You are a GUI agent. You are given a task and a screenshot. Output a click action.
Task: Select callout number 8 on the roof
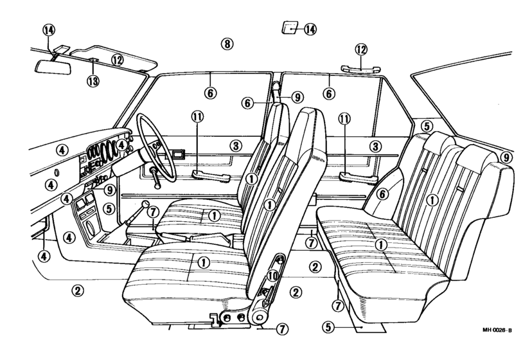click(227, 44)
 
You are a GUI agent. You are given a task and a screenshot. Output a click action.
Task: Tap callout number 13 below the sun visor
click(93, 81)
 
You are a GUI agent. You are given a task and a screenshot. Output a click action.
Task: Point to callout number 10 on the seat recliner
click(273, 276)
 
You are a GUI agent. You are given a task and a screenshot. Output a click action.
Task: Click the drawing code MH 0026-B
click(497, 330)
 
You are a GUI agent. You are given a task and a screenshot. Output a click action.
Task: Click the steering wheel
click(156, 147)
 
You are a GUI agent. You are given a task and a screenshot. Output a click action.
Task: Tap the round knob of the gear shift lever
click(145, 204)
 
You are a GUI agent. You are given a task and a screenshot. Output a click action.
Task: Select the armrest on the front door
click(211, 175)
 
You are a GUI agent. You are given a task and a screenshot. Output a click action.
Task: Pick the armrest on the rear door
click(359, 177)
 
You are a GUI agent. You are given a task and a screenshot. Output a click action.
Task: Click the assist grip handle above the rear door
click(360, 69)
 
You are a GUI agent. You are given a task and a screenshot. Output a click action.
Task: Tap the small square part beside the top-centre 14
click(290, 28)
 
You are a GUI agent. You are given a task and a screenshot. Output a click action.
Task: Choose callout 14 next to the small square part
click(310, 30)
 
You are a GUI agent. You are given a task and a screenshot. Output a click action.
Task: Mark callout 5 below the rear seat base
click(328, 327)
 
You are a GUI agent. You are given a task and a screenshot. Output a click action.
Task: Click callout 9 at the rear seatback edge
click(506, 157)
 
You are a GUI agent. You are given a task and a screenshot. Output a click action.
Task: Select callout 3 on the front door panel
click(236, 146)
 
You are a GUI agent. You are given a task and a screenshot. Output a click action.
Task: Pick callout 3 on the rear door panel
click(376, 146)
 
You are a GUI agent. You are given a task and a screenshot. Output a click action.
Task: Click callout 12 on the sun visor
click(118, 60)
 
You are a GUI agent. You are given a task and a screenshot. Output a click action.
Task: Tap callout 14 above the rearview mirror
click(49, 30)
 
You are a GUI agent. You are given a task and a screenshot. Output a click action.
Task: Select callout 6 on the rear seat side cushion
click(382, 194)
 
